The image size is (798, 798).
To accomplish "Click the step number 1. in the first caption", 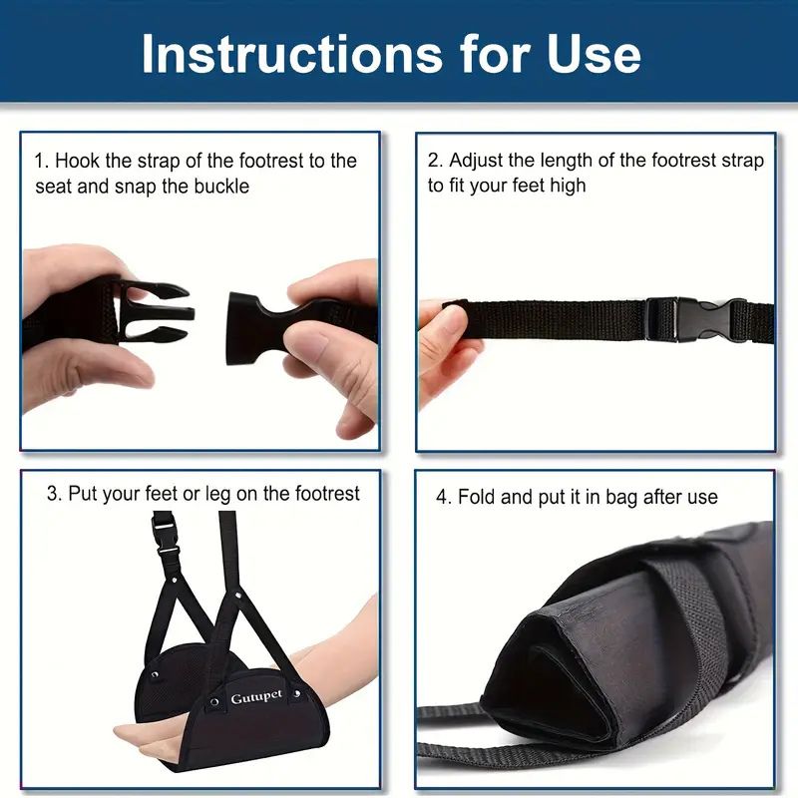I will point(42,161).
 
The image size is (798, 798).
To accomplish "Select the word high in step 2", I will point(567,186).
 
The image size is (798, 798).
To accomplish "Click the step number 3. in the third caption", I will point(54,494).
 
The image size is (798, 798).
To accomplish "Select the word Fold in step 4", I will point(477,497).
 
